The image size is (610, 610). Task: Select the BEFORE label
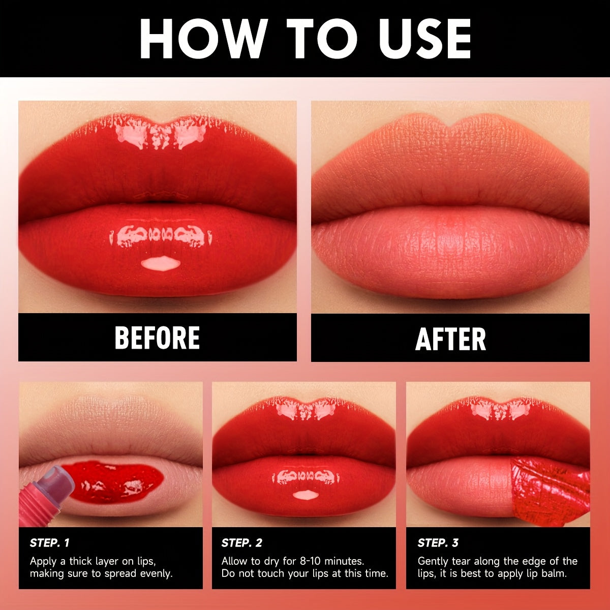point(157,338)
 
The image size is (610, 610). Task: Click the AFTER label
point(450,339)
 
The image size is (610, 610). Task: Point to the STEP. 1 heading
point(50,543)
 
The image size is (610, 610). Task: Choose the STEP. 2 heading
point(242,543)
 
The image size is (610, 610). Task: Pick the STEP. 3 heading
point(438,543)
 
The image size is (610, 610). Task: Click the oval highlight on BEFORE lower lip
point(160,263)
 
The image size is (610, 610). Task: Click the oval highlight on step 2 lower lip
point(306,494)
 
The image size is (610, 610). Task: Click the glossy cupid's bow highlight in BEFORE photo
point(160,133)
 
